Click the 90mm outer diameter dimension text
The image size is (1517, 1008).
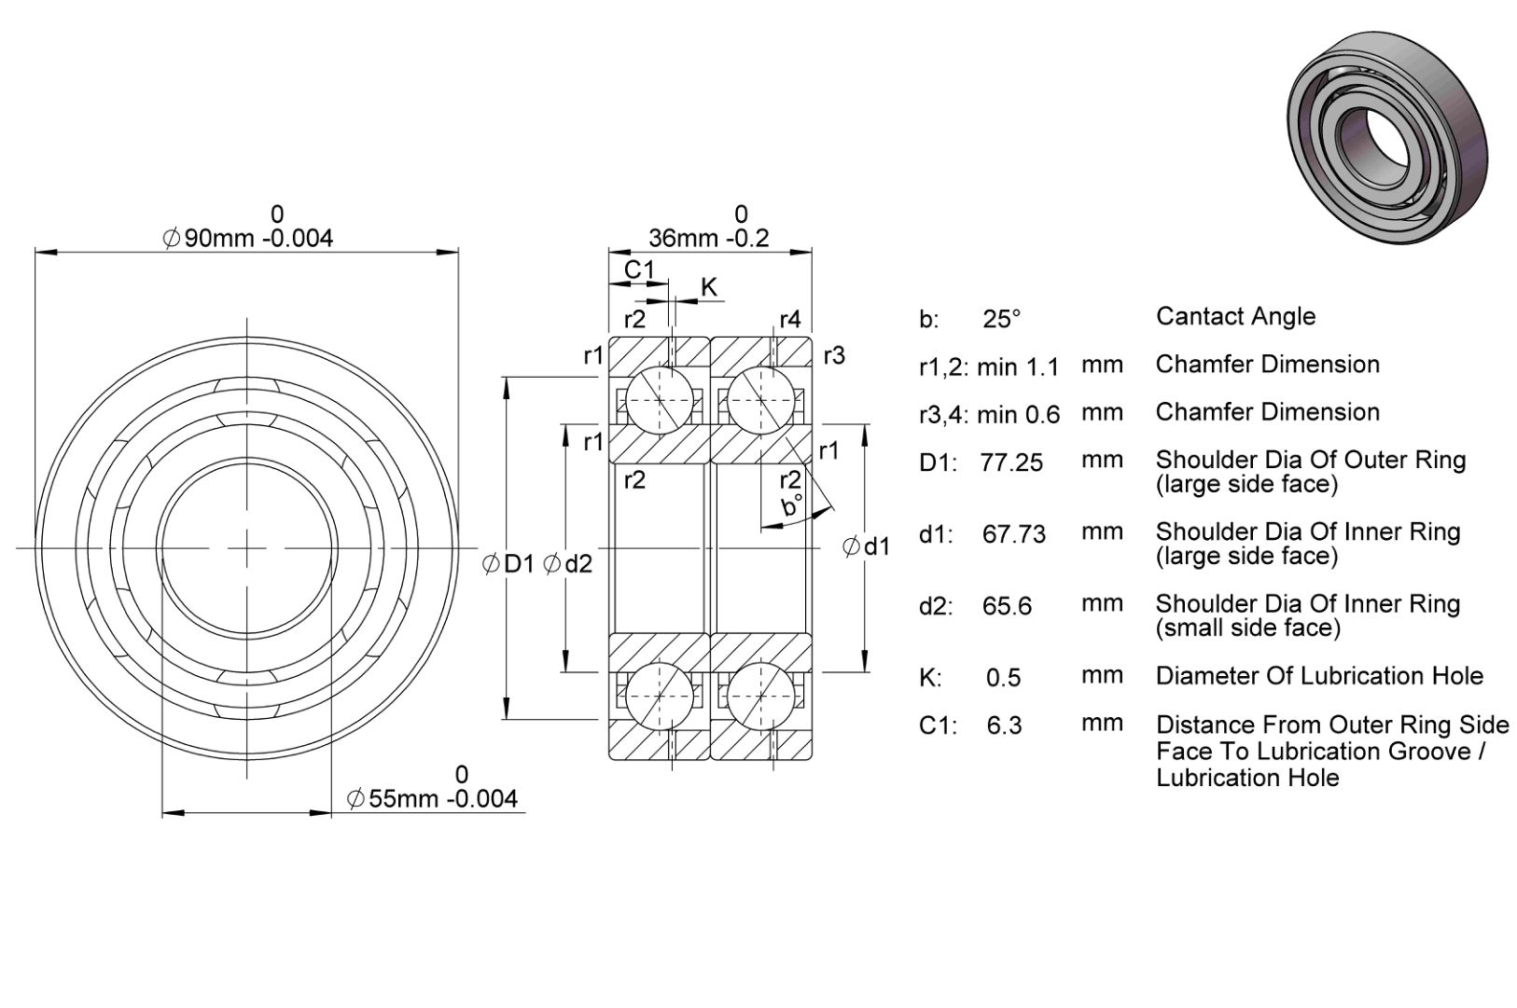point(248,238)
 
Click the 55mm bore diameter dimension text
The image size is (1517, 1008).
point(432,798)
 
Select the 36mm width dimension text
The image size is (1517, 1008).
point(708,238)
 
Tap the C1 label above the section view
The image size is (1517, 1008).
point(639,269)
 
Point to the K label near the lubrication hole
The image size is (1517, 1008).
point(708,287)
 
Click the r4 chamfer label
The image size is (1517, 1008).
point(789,319)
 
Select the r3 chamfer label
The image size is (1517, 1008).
point(834,355)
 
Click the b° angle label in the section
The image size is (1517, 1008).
point(792,505)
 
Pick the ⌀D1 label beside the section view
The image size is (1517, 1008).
point(508,563)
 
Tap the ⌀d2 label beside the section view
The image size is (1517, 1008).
point(567,563)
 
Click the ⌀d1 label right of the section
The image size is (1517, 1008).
point(866,545)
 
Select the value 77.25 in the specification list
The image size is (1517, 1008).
point(1011,463)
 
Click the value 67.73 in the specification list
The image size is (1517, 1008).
point(1014,534)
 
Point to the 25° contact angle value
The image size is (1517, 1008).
point(1002,319)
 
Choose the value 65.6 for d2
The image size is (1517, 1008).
point(1007,606)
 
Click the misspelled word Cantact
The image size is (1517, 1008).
point(1198,316)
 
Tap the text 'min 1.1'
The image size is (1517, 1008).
point(1018,366)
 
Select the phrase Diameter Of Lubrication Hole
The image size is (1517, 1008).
point(1319,676)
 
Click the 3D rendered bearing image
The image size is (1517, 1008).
point(1387,137)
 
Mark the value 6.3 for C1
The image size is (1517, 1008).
point(1004,725)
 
